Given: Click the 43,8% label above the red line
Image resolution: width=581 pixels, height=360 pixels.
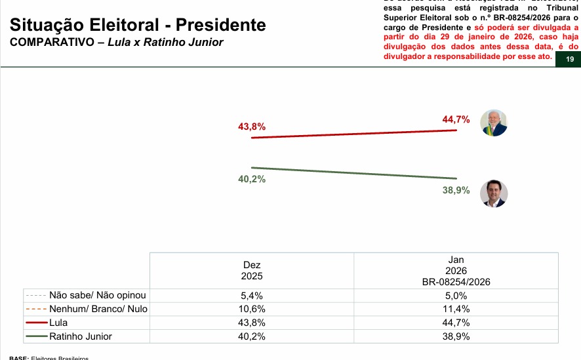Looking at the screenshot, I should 252,126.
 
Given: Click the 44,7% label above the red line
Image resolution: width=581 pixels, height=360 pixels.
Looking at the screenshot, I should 456,119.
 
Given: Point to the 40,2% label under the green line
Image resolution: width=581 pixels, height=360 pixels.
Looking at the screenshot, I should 252,180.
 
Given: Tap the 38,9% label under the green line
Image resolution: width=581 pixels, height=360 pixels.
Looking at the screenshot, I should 456,190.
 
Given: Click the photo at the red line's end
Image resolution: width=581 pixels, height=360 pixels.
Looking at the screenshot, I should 494,123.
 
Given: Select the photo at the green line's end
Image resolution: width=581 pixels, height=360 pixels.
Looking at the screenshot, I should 494,193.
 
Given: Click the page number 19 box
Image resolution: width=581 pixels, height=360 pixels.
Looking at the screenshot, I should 569,60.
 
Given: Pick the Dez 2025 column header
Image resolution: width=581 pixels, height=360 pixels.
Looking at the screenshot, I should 252,270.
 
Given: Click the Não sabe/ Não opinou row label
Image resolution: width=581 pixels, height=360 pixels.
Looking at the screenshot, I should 98,295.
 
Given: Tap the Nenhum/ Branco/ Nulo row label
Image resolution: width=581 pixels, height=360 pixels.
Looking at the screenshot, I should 98,309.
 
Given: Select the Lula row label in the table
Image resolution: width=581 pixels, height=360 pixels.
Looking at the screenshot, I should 58,323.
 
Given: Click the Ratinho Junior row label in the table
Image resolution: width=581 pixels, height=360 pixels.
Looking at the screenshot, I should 81,336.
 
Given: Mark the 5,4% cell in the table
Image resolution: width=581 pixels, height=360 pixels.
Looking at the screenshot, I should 252,295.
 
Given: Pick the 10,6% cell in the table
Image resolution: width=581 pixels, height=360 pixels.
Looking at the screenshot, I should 252,309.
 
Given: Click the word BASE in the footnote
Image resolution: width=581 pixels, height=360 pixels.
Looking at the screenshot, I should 18,358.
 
